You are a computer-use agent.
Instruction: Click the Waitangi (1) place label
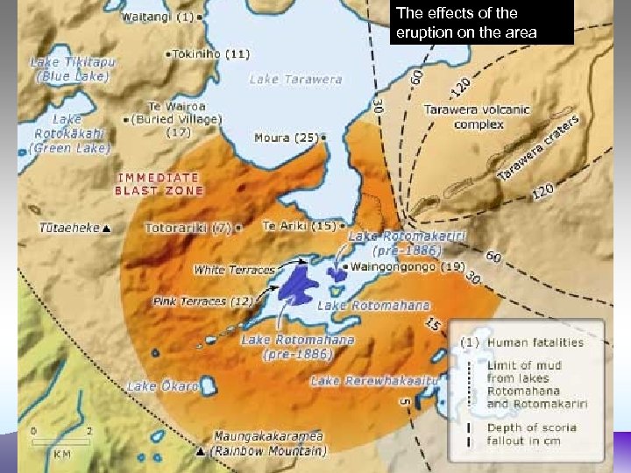pyautogui.click(x=158, y=16)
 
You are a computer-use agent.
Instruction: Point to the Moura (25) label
pyautogui.click(x=285, y=138)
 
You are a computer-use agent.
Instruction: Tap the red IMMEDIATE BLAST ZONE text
pyautogui.click(x=160, y=184)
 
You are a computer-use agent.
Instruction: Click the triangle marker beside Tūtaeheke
pyautogui.click(x=106, y=229)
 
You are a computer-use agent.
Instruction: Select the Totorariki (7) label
pyautogui.click(x=187, y=227)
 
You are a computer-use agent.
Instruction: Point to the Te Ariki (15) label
pyautogui.click(x=299, y=225)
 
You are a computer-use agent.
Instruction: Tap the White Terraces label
pyautogui.click(x=234, y=270)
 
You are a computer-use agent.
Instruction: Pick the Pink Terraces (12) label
pyautogui.click(x=202, y=301)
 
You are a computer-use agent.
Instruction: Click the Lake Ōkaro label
pyautogui.click(x=161, y=386)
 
